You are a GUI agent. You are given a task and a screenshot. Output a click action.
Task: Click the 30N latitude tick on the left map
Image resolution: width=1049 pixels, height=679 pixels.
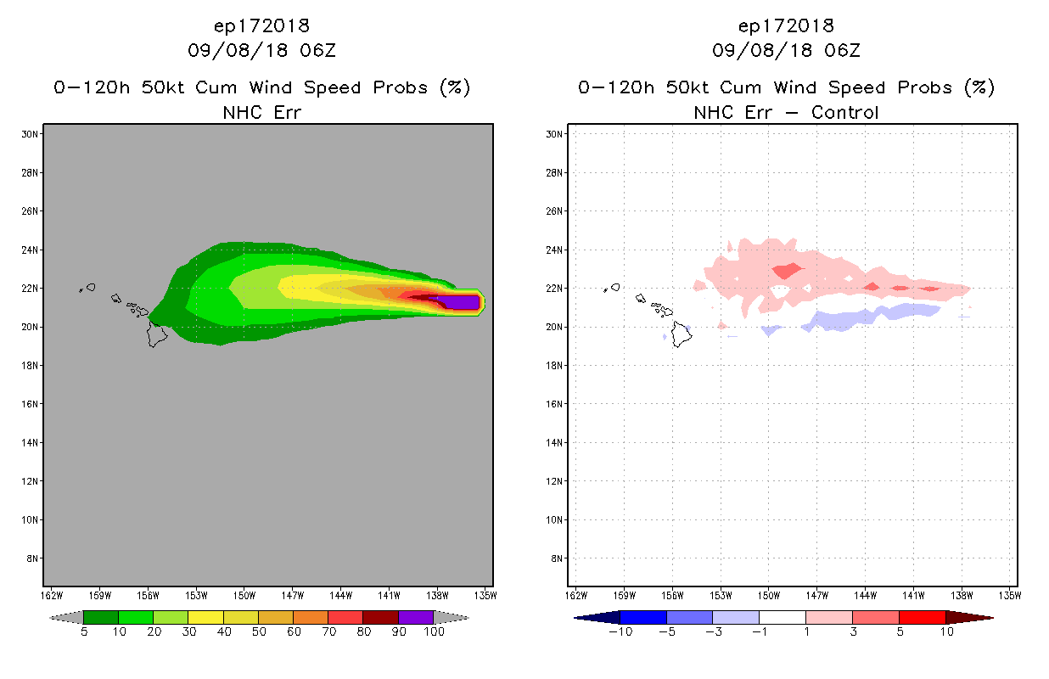click(31, 134)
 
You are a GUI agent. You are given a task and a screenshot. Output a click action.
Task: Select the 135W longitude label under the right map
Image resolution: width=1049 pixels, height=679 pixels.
click(1010, 594)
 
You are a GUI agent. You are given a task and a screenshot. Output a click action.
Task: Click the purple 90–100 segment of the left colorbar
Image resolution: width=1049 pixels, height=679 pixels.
click(416, 617)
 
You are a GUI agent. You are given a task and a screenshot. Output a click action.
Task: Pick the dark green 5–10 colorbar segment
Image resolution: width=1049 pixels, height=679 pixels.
click(101, 617)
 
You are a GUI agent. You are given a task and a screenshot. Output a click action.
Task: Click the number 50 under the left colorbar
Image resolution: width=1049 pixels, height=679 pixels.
click(258, 632)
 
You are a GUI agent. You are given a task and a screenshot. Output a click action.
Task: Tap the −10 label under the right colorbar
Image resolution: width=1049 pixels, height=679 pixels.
click(620, 632)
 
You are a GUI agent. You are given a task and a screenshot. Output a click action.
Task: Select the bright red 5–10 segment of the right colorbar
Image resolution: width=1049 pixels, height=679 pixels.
click(922, 617)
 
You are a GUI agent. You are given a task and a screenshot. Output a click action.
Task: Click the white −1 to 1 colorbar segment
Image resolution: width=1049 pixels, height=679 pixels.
click(782, 617)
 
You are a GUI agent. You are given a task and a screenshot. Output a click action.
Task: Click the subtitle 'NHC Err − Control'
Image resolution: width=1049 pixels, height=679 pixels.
click(786, 112)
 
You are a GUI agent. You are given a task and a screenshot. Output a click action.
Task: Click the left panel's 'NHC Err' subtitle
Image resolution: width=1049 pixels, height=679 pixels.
click(261, 112)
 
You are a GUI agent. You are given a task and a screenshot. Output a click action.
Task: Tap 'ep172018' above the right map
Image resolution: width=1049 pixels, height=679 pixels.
click(786, 25)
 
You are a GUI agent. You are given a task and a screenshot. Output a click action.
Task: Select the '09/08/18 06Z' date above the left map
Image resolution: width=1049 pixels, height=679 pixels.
click(261, 51)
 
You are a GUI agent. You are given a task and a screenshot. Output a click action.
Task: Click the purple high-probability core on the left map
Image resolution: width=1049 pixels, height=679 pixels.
click(463, 301)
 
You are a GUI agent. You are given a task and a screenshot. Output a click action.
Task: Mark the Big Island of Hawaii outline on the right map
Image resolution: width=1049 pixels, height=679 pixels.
click(681, 334)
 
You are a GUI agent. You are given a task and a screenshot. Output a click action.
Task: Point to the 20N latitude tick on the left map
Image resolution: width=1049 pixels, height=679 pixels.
click(31, 327)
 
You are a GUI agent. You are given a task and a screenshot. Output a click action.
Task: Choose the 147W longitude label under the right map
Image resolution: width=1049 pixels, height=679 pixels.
click(816, 594)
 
